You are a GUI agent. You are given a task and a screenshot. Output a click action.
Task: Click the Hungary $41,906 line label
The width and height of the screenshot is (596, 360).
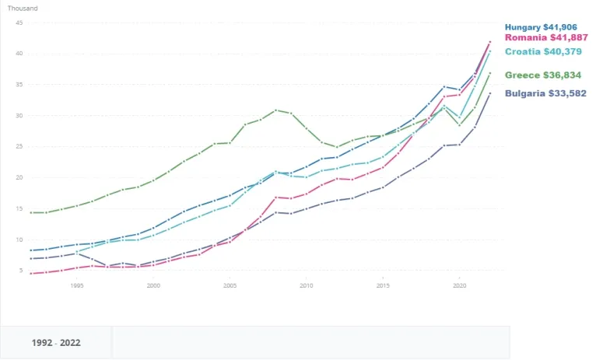coord(544,27)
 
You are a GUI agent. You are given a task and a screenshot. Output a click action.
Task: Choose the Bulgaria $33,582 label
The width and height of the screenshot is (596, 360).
coord(545,94)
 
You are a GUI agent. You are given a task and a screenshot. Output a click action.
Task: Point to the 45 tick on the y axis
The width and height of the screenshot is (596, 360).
coord(19,23)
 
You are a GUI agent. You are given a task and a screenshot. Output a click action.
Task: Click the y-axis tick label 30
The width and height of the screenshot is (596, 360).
coord(19,116)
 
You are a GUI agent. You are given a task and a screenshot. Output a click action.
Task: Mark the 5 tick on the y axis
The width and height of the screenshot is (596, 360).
coord(21,271)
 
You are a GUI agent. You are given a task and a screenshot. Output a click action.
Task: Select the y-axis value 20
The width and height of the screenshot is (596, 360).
coord(19,177)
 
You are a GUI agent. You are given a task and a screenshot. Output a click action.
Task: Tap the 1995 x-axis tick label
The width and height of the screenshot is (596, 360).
coord(77,286)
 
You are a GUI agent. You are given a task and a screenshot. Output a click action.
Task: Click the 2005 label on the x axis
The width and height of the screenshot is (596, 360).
coord(230,286)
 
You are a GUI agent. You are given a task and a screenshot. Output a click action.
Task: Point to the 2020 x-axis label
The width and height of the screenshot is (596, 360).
coord(459,286)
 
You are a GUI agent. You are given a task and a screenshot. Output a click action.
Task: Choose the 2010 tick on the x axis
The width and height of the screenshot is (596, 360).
coord(306,286)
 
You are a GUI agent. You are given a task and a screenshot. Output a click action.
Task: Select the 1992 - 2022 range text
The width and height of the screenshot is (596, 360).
coord(56,343)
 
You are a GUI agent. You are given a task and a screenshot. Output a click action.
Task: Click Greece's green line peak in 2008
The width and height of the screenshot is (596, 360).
coord(275,110)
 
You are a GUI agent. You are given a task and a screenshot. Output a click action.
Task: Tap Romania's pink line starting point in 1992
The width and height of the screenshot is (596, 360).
coord(31,274)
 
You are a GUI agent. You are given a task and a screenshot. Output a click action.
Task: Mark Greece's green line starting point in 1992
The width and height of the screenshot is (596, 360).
coord(31,212)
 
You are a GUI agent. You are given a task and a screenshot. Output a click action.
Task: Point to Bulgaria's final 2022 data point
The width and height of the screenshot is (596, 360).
coord(489,93)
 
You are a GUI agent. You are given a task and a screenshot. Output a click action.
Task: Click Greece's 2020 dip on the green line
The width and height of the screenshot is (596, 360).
coord(459,125)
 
